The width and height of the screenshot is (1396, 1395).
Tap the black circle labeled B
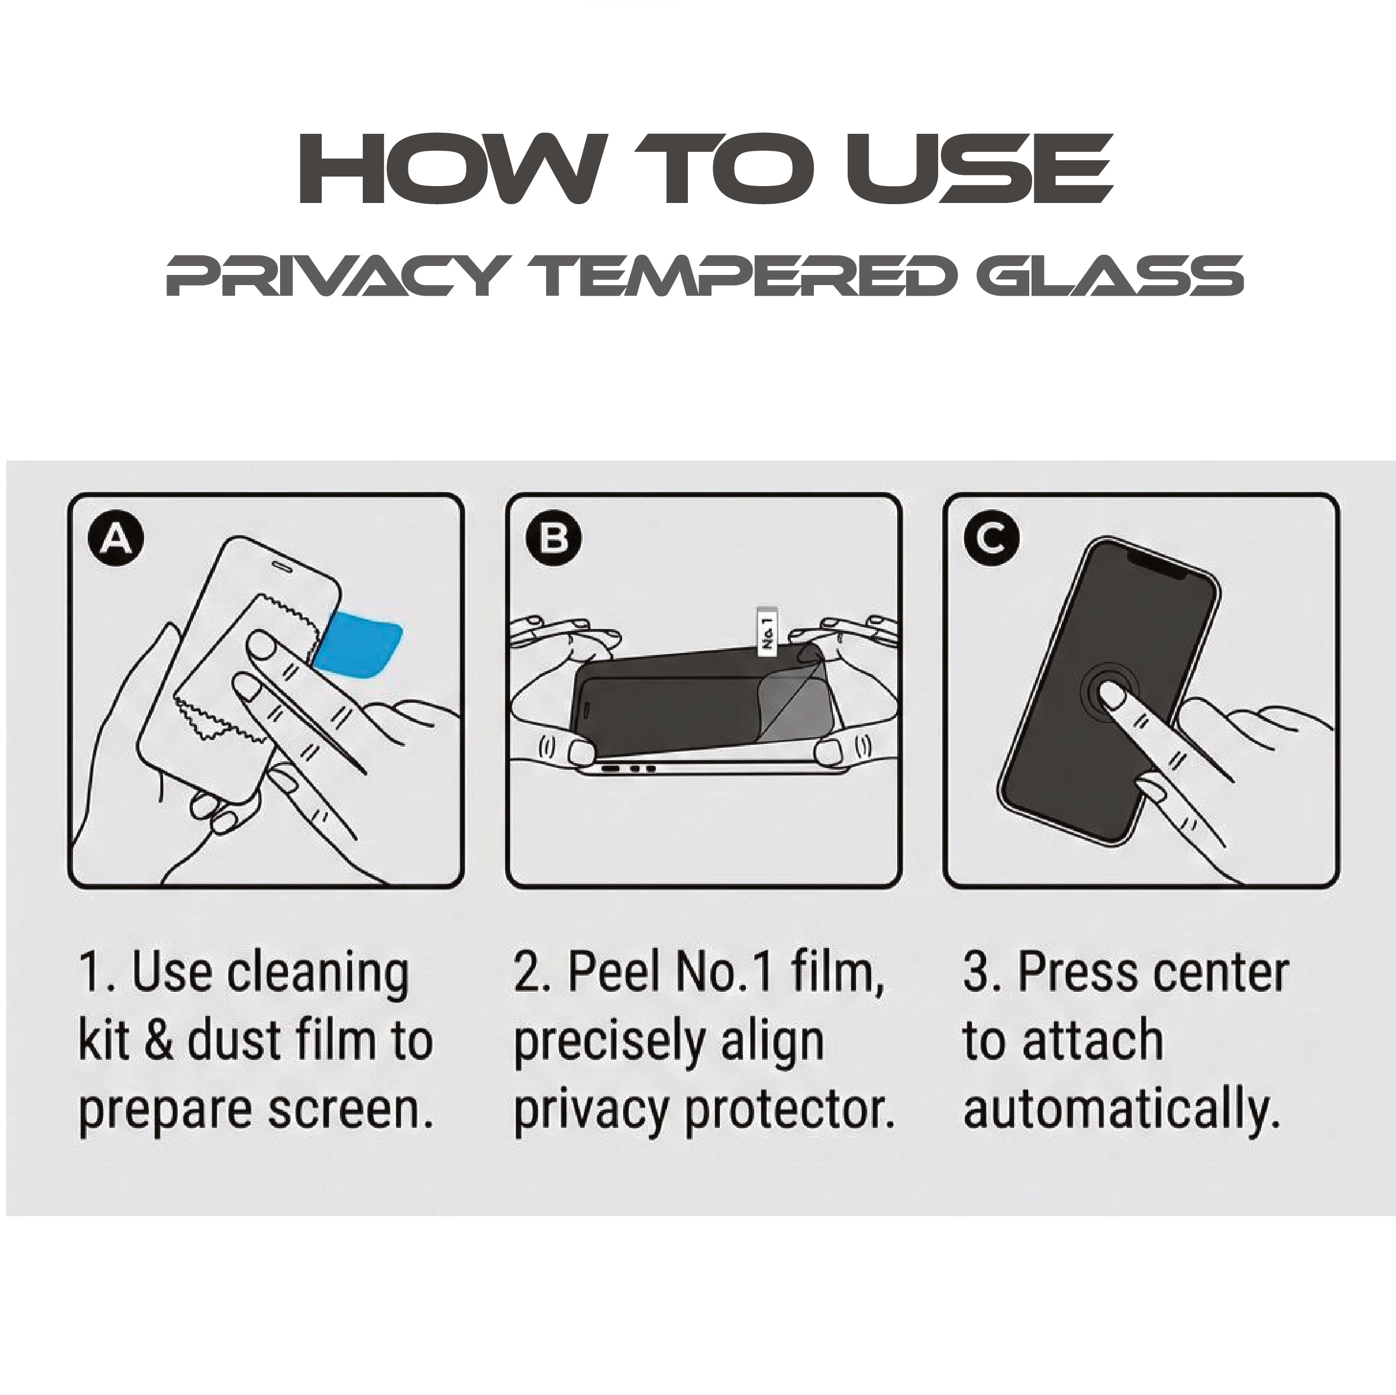[553, 539]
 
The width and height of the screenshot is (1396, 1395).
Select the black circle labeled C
[992, 539]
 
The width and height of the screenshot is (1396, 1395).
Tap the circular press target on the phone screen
[1111, 693]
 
